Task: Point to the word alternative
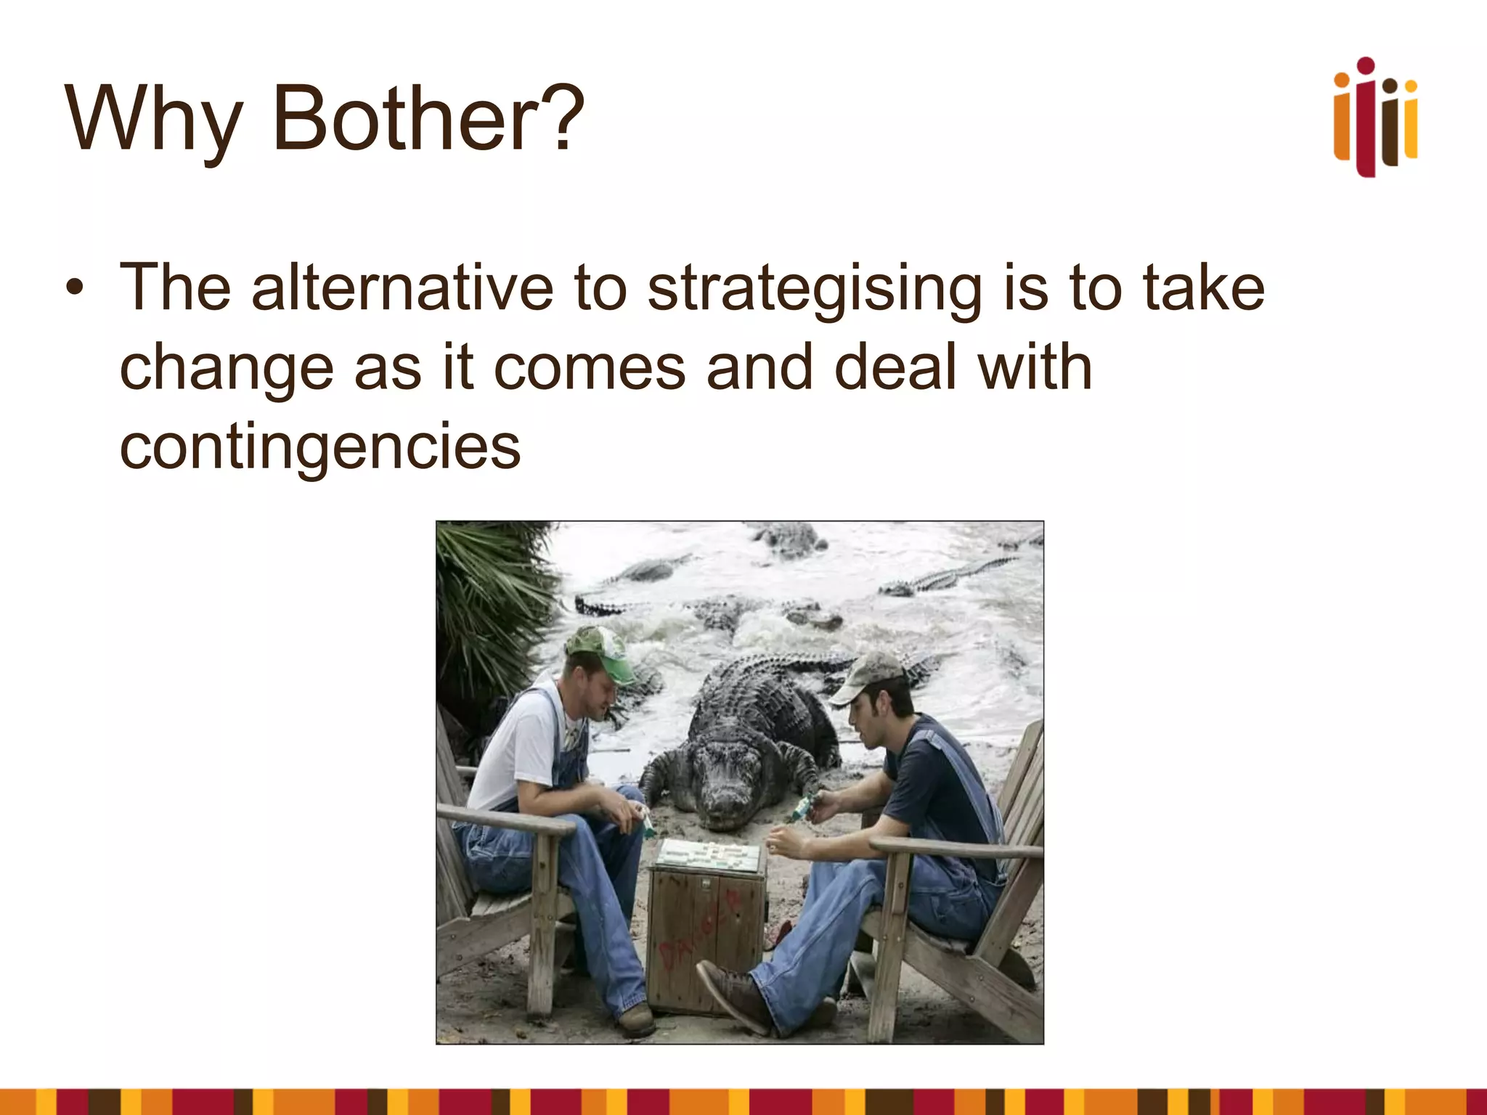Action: coord(402,288)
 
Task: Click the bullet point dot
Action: coord(74,289)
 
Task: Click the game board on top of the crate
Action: coord(708,854)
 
